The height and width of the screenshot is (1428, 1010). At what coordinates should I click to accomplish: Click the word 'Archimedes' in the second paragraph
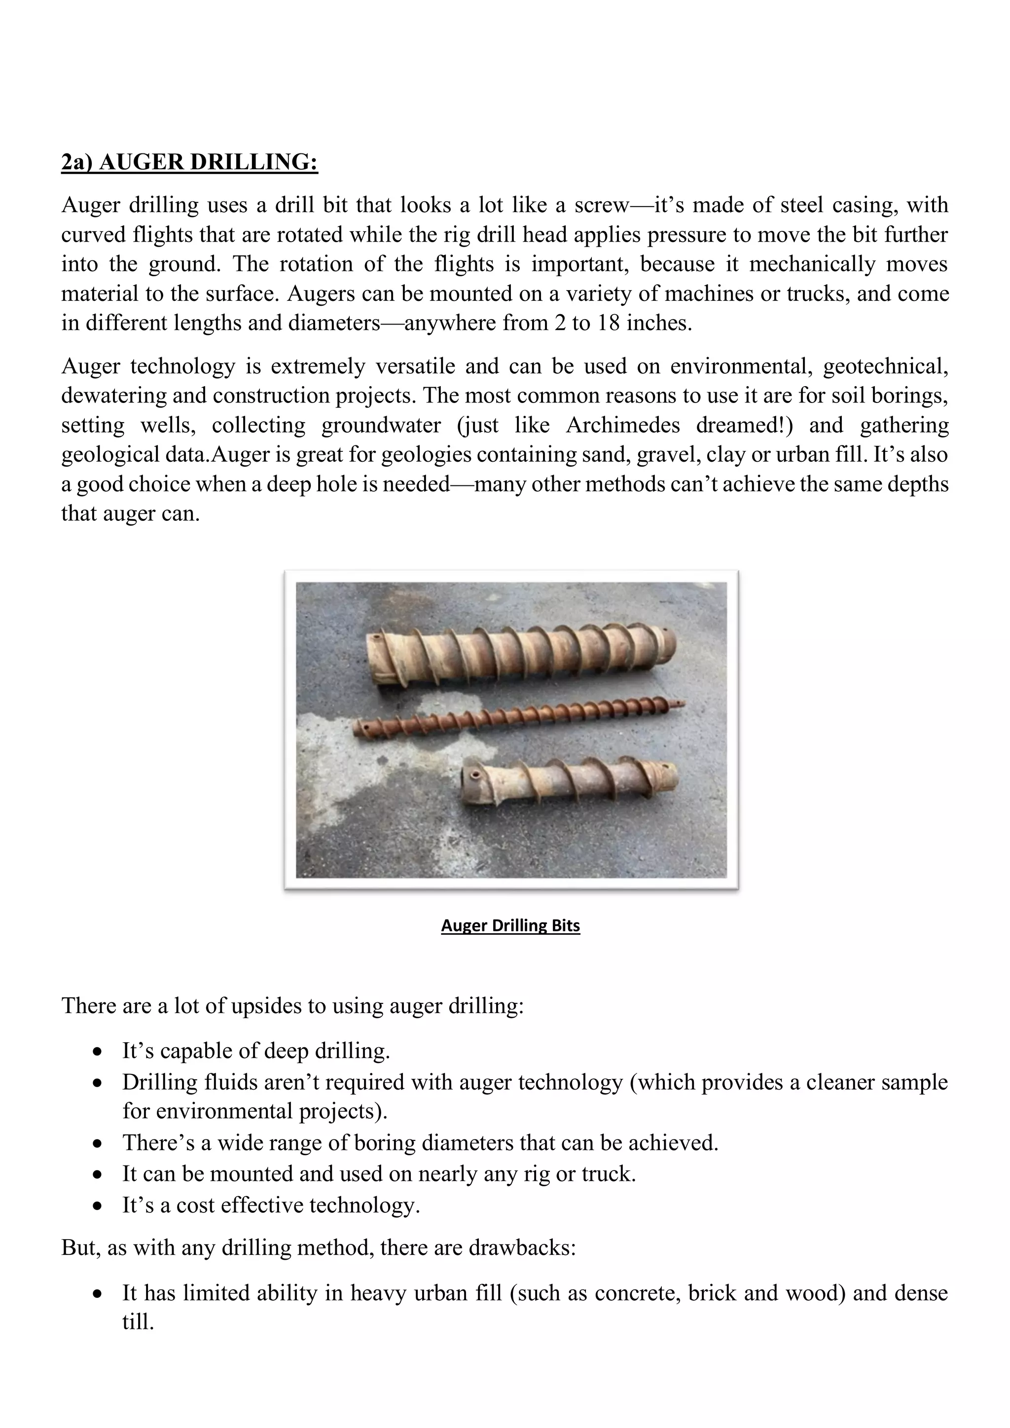(624, 425)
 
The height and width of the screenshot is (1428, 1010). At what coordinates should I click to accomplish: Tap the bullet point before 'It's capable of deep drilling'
(97, 1052)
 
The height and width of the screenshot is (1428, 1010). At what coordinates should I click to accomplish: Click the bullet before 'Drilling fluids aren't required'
(97, 1083)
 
